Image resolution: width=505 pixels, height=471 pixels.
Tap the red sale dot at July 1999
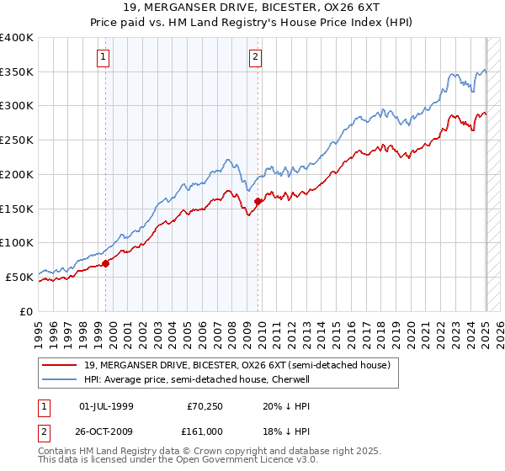pos(106,263)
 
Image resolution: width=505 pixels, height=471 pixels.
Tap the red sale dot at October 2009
pos(258,201)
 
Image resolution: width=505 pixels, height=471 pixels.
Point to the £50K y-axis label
pos(19,276)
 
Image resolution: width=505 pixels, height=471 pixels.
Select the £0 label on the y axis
pos(27,310)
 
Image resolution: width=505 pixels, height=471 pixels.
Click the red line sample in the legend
pos(60,366)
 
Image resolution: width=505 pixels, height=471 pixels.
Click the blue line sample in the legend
pos(60,379)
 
